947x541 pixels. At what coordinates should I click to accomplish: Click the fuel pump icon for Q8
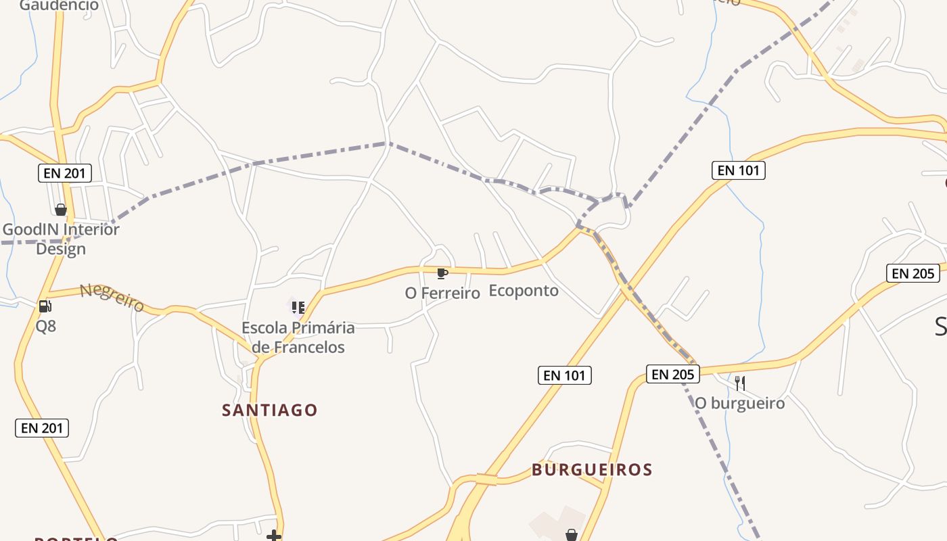click(45, 306)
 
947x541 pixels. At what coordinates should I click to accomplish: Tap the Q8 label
click(46, 326)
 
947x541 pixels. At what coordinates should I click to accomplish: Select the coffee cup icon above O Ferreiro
click(442, 273)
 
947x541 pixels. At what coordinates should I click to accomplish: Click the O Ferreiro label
click(442, 293)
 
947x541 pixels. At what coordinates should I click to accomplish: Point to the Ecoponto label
click(524, 291)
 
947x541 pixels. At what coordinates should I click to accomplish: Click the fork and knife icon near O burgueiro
click(740, 383)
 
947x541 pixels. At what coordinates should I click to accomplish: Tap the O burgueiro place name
click(740, 404)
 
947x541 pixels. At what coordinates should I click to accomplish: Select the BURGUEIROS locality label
click(592, 469)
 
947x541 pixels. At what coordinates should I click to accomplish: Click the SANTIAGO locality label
click(270, 410)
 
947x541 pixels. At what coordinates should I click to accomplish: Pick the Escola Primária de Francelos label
click(298, 337)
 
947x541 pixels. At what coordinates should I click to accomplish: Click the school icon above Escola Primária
click(298, 308)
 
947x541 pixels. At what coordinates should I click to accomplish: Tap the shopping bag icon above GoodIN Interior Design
click(61, 210)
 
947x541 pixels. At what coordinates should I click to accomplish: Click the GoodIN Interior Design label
click(61, 239)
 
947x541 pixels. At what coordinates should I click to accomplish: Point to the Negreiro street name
click(112, 298)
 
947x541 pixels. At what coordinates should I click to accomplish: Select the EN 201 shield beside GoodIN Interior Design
click(64, 173)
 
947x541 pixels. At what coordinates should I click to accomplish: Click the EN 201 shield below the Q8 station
click(42, 427)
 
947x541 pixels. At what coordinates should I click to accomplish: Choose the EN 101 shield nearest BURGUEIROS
click(565, 375)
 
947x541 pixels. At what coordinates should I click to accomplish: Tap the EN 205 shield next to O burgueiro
click(672, 374)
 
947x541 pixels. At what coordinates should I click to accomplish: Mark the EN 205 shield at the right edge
click(913, 273)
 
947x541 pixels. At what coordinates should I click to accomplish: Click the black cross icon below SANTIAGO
click(274, 536)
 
